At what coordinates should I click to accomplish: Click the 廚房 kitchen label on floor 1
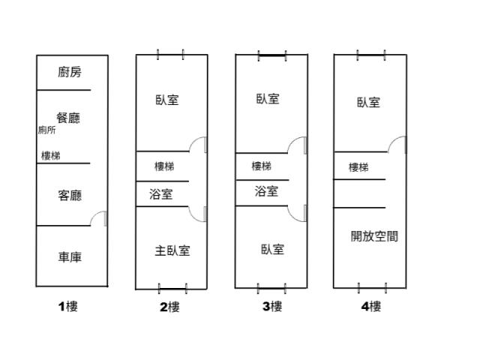(70, 72)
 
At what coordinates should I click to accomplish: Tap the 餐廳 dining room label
(68, 118)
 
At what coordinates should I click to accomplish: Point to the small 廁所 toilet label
(46, 130)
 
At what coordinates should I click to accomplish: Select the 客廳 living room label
(70, 196)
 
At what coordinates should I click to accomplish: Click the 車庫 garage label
(70, 257)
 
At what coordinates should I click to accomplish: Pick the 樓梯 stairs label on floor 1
(51, 156)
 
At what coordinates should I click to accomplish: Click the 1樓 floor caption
(68, 307)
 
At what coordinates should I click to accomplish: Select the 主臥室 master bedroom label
(172, 251)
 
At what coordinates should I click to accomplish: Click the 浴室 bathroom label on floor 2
(161, 194)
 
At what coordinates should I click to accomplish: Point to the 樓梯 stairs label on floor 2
(164, 166)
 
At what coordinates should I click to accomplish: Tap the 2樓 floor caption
(169, 307)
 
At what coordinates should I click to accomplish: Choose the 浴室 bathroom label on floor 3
(266, 192)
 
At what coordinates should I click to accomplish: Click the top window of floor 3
(272, 55)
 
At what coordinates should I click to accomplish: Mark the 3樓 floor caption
(272, 307)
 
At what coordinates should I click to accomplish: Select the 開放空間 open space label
(374, 236)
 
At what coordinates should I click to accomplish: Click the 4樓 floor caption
(371, 307)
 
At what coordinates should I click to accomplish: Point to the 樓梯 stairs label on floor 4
(358, 167)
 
